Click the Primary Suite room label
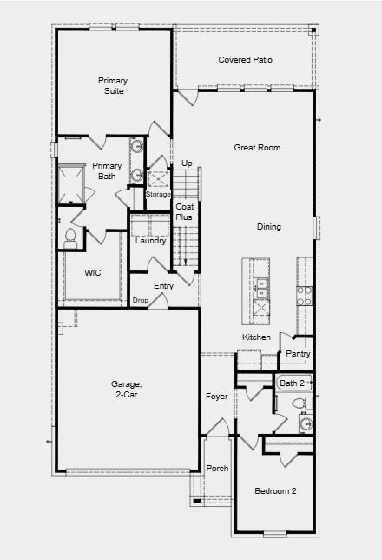tap(110, 85)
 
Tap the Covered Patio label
tap(245, 60)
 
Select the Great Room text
tap(257, 148)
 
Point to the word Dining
tap(268, 227)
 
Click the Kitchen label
tap(256, 337)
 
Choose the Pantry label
tap(298, 354)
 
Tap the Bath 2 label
tap(292, 383)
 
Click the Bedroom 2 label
tap(275, 491)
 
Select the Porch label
tap(217, 469)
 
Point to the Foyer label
tap(216, 397)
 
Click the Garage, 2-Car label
tap(124, 389)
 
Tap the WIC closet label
tap(93, 272)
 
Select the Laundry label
tap(150, 241)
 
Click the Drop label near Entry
tap(140, 300)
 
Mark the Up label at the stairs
tap(187, 163)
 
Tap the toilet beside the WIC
tap(71, 237)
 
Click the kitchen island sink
tap(260, 286)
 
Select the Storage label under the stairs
tap(158, 194)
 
